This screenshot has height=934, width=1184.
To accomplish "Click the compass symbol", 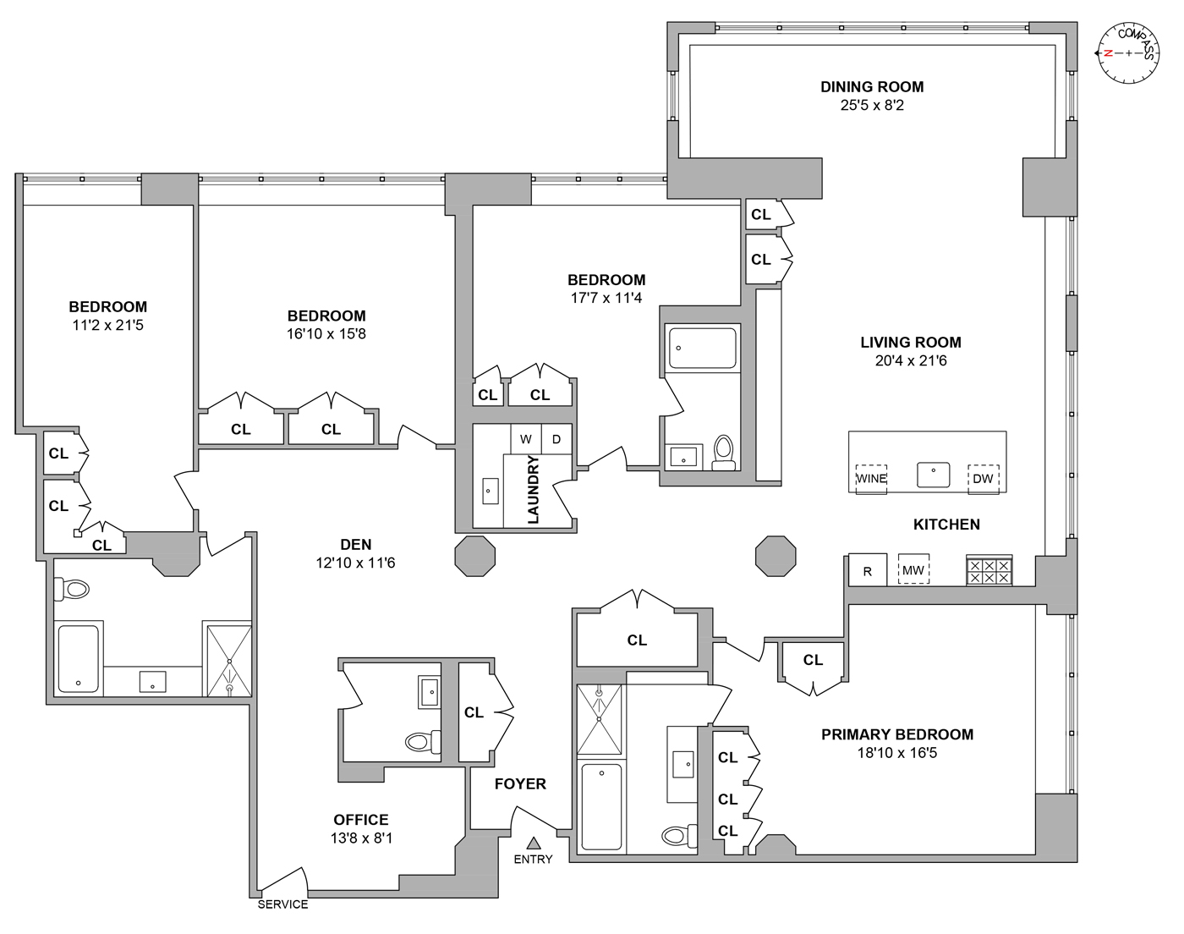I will pyautogui.click(x=1128, y=52).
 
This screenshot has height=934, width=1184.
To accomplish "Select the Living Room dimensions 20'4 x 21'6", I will pyautogui.click(x=910, y=361).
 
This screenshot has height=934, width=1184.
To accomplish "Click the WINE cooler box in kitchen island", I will pyautogui.click(x=871, y=478).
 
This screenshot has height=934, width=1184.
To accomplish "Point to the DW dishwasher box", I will pyautogui.click(x=983, y=478).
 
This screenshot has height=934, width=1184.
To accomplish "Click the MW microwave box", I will pyautogui.click(x=913, y=571).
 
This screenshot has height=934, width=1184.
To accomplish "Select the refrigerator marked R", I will pyautogui.click(x=867, y=571).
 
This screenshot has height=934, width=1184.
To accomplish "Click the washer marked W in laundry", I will pyautogui.click(x=526, y=439).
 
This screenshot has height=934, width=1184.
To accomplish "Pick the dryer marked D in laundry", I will pyautogui.click(x=556, y=439).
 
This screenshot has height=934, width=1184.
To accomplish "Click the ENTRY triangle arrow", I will pyautogui.click(x=534, y=843).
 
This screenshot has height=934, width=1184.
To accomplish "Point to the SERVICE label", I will pyautogui.click(x=282, y=904).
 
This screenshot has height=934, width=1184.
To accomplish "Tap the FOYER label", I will pyautogui.click(x=520, y=784).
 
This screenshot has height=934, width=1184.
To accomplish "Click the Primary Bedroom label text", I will pyautogui.click(x=897, y=734).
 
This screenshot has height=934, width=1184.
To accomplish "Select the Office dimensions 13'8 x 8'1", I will pyautogui.click(x=361, y=838).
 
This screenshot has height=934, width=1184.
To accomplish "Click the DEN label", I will pyautogui.click(x=356, y=545).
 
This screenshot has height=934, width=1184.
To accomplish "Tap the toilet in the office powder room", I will pyautogui.click(x=419, y=742).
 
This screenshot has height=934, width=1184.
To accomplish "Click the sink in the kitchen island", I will pyautogui.click(x=934, y=475).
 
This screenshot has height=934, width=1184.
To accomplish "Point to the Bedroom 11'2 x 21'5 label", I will pyautogui.click(x=107, y=307).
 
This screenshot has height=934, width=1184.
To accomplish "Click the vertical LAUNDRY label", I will pyautogui.click(x=534, y=491).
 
